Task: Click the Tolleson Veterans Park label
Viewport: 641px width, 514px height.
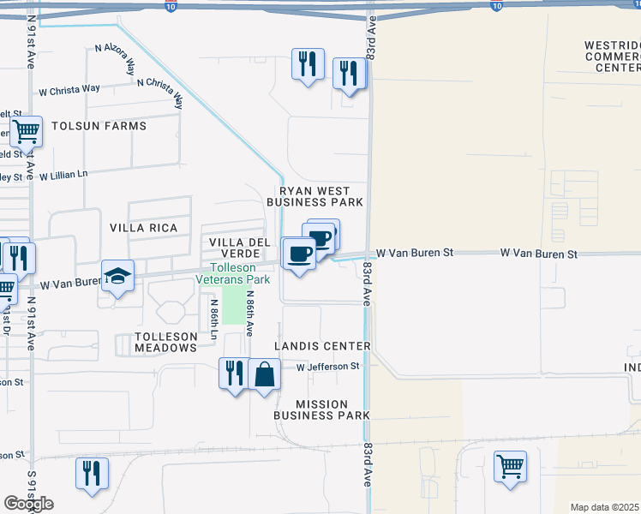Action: [x=233, y=272]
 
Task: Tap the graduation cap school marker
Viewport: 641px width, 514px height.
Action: [x=118, y=277]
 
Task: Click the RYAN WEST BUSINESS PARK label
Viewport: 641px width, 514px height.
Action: [x=315, y=196]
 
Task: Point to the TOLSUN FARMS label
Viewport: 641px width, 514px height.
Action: [x=99, y=126]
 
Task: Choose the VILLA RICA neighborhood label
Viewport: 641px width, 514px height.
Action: [x=144, y=228]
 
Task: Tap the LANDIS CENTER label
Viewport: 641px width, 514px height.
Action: [x=322, y=346]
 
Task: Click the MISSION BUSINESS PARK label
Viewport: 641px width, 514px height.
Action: [x=321, y=409]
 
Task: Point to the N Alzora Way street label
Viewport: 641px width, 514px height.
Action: [x=115, y=61]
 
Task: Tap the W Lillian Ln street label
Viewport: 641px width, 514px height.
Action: [x=63, y=175]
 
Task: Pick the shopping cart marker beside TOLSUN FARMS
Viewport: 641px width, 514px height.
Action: [x=27, y=133]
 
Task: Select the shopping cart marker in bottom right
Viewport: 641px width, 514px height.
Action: [x=510, y=467]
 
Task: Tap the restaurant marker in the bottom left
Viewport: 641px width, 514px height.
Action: [x=92, y=474]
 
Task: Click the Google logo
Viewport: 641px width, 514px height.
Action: [x=28, y=504]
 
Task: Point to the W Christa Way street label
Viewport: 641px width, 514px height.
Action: [x=69, y=88]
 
